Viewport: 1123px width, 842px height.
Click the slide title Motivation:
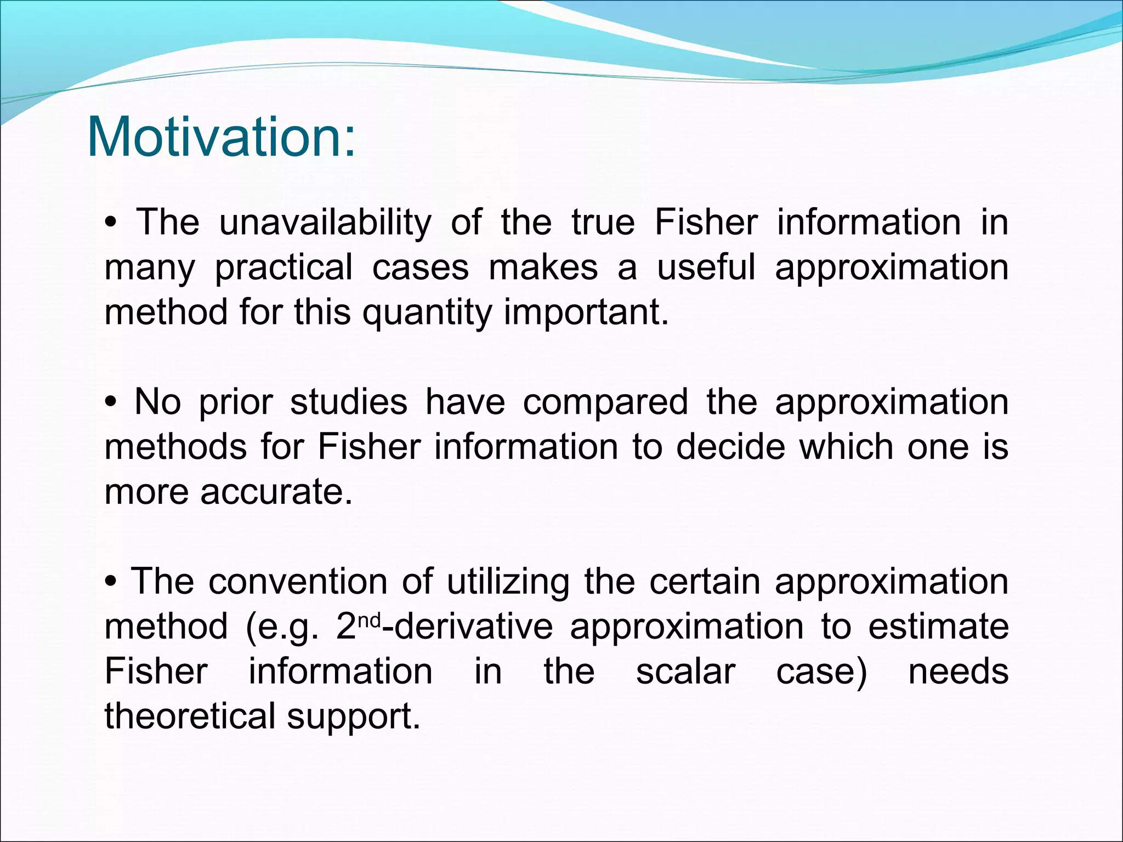tap(221, 136)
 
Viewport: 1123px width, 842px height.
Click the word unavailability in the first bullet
tap(325, 223)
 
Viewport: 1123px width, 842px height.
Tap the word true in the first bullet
tap(603, 223)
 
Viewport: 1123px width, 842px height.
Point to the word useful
tap(706, 268)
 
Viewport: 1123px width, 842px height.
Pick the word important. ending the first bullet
tap(586, 312)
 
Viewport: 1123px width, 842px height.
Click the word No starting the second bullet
tap(157, 402)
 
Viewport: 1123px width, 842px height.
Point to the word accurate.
tap(276, 492)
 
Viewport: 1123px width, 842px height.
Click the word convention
tap(298, 581)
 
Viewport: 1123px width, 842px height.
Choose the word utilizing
tap(508, 582)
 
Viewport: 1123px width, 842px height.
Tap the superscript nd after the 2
tap(371, 620)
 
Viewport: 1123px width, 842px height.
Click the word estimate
tap(938, 627)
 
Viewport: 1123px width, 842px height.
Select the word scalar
tap(685, 672)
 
